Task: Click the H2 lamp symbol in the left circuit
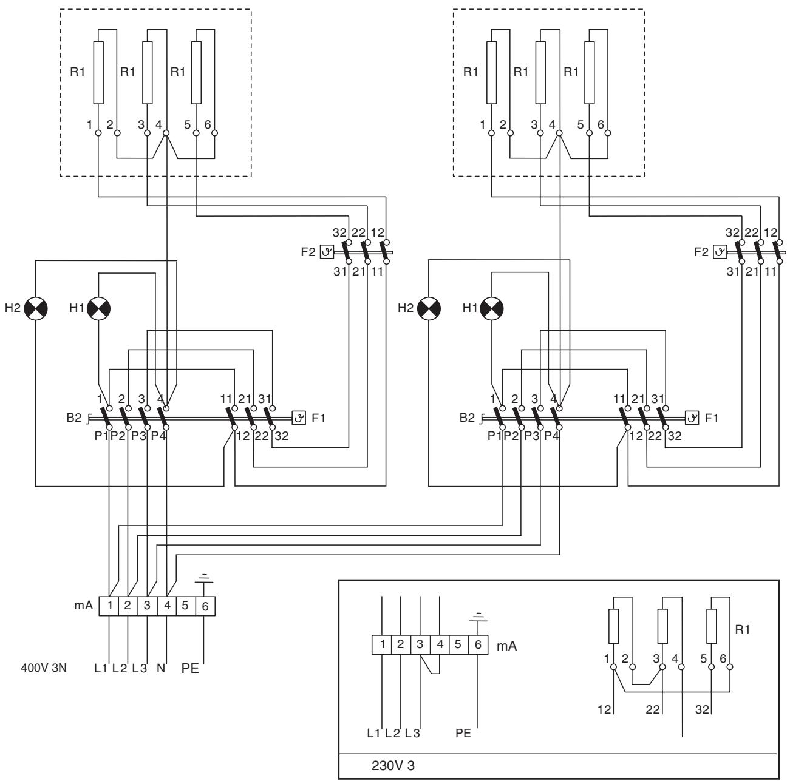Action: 36,308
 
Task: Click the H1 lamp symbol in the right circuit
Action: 491,308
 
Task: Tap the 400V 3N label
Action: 44,668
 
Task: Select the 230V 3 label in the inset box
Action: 393,765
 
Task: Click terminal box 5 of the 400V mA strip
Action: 185,606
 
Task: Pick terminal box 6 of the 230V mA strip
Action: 478,644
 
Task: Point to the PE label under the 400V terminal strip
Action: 190,668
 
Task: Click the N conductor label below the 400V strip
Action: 161,668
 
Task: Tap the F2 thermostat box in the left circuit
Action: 327,252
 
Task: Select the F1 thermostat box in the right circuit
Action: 692,418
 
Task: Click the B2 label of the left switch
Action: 74,418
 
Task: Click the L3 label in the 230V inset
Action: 412,733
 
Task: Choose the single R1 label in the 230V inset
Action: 743,629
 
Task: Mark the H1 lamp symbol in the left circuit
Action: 99,308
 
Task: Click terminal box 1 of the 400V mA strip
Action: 109,606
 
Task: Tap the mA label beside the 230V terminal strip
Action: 506,646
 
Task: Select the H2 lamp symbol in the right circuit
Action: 429,308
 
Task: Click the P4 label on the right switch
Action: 551,436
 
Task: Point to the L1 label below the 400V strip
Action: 100,668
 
